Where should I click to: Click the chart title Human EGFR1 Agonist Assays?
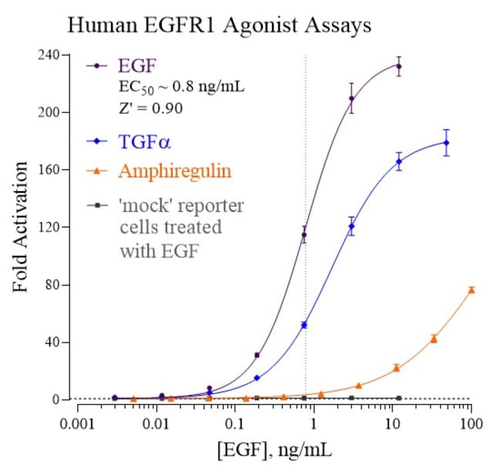pyautogui.click(x=220, y=25)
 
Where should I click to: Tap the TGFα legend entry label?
pyautogui.click(x=146, y=141)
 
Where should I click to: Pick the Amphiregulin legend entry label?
pyautogui.click(x=174, y=170)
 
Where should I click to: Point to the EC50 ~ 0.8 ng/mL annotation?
pyautogui.click(x=181, y=86)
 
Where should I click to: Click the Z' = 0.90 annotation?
pyautogui.click(x=150, y=108)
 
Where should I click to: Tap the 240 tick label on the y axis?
pyautogui.click(x=48, y=56)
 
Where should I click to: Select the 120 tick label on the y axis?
pyautogui.click(x=48, y=228)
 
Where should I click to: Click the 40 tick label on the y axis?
pyautogui.click(x=51, y=342)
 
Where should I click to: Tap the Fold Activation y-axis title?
pyautogui.click(x=21, y=227)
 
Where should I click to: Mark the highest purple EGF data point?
pyautogui.click(x=398, y=66)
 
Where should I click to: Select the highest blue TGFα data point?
pyautogui.click(x=446, y=143)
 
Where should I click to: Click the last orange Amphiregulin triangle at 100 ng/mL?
pyautogui.click(x=471, y=290)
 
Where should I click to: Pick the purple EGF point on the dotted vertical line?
pyautogui.click(x=304, y=235)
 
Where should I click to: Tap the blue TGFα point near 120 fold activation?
pyautogui.click(x=351, y=226)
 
